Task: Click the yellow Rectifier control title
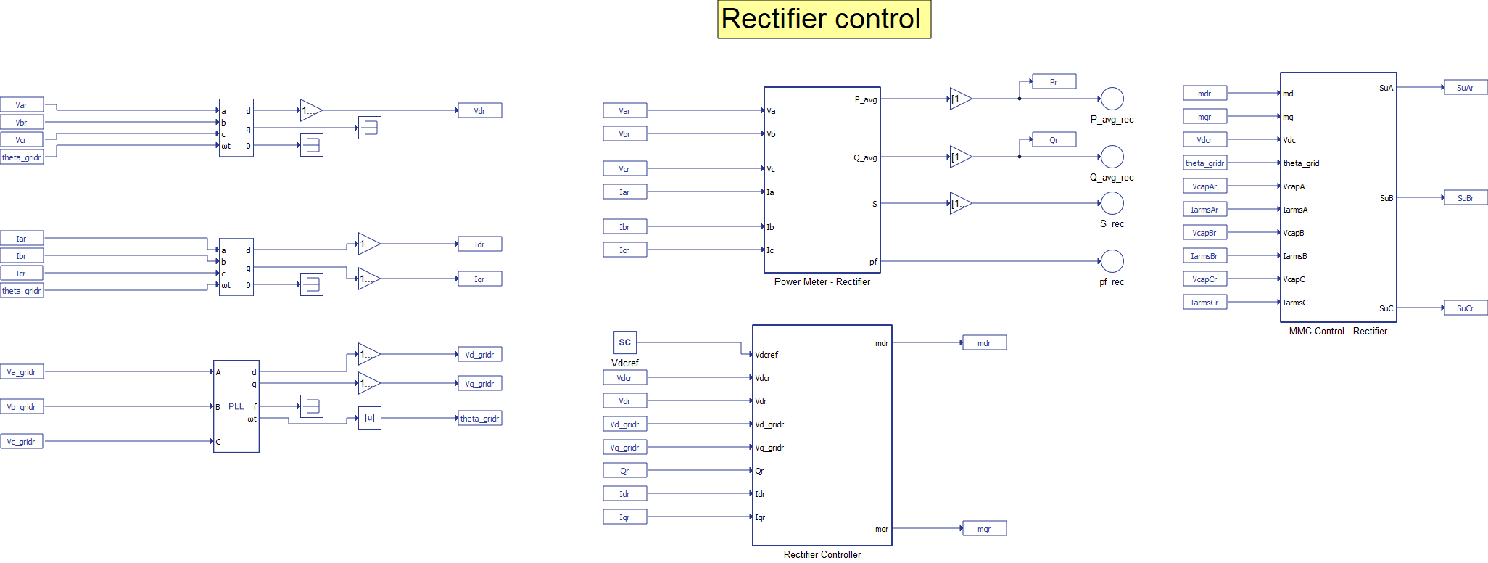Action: [824, 19]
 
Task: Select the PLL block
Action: [236, 406]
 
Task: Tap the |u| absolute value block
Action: [369, 418]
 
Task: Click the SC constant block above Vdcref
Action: [624, 342]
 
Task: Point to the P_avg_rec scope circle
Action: [1112, 99]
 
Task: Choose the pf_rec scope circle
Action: [1112, 261]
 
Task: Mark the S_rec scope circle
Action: [1112, 203]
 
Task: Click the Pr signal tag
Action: [1054, 82]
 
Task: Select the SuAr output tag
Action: [1465, 88]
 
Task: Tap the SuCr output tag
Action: [1465, 308]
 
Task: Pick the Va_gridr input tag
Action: [22, 372]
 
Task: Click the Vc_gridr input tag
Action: [22, 442]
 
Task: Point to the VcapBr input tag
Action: [1204, 233]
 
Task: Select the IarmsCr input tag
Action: [1204, 303]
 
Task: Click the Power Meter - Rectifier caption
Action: [822, 282]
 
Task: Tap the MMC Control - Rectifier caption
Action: [1338, 332]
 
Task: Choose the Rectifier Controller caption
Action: [822, 555]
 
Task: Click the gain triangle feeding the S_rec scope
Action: [960, 203]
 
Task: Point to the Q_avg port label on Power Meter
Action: [865, 157]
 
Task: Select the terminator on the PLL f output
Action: [311, 406]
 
